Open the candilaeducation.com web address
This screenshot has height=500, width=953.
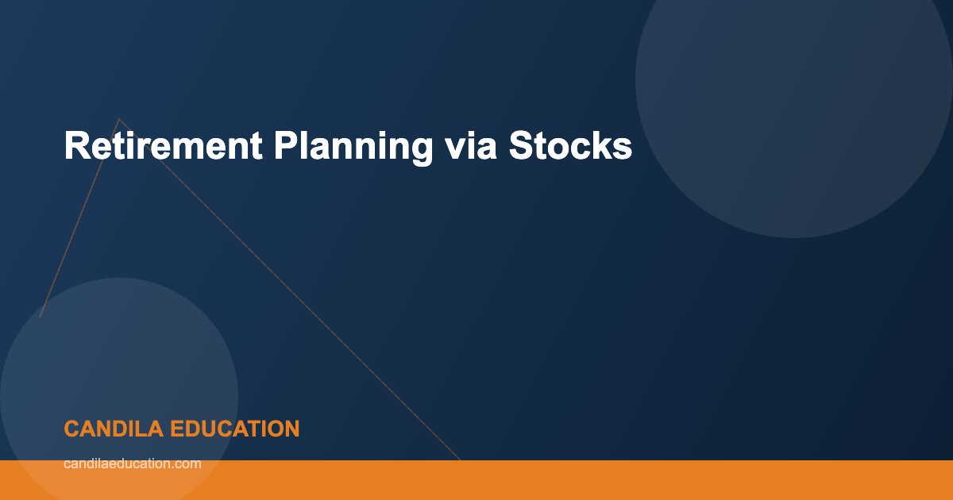(x=132, y=463)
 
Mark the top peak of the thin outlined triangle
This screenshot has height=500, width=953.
(x=119, y=119)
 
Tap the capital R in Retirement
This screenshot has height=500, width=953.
(x=75, y=146)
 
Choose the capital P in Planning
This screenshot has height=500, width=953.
(x=284, y=146)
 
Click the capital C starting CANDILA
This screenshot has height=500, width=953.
(x=71, y=429)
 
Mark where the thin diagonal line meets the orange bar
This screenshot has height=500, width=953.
(x=461, y=460)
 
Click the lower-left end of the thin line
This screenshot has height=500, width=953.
(x=41, y=317)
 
